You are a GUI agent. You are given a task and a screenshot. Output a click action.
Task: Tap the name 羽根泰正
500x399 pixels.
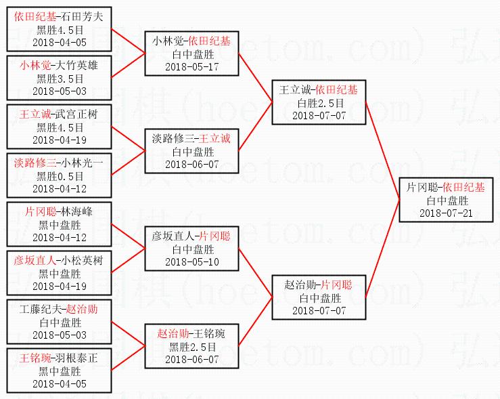pos(74,358)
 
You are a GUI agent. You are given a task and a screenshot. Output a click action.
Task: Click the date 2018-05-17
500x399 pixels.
pos(192,66)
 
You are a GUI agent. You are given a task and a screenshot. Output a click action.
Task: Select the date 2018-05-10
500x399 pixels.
pos(192,261)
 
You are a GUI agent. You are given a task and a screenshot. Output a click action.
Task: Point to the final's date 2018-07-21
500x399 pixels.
pos(447,213)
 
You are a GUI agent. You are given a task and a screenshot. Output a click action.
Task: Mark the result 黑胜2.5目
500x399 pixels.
pos(192,346)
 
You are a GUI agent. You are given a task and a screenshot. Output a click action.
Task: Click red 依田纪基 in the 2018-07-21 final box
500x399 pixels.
pos(465,188)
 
